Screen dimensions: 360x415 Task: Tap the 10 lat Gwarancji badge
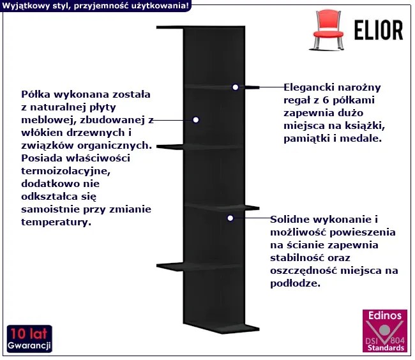pos(29,339)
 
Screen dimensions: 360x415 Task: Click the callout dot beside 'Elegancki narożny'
pos(236,87)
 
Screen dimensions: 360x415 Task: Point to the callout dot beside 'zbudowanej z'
pos(196,119)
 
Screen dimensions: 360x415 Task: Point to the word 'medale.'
pos(363,137)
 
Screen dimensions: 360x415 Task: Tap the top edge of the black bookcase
pos(200,27)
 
